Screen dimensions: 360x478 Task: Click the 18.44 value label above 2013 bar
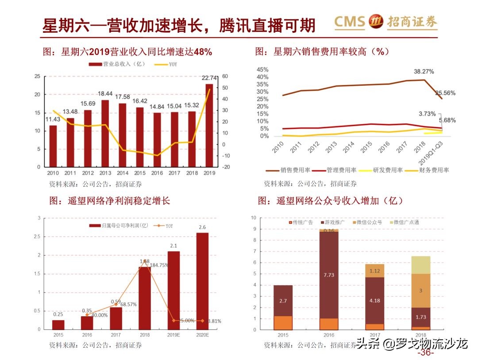coord(105,94)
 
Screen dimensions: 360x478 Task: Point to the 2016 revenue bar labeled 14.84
coord(157,139)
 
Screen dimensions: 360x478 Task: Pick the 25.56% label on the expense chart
coord(445,93)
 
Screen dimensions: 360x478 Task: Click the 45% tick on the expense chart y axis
coord(262,70)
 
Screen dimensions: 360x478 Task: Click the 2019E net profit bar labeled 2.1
coord(173,290)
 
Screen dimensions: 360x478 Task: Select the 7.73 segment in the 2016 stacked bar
coord(329,275)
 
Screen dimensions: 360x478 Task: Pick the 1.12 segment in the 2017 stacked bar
coord(374,271)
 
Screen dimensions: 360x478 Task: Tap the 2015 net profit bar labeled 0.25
coord(58,325)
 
